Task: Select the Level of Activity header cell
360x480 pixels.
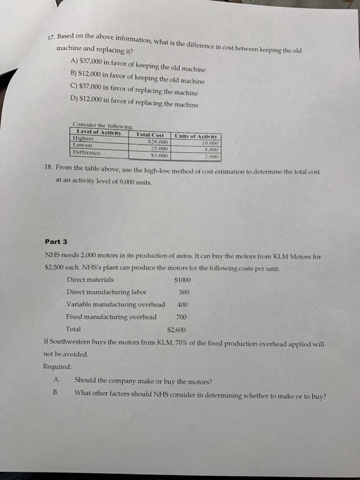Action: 99,131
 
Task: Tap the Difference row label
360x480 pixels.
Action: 87,152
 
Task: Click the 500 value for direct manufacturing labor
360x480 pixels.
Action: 183,292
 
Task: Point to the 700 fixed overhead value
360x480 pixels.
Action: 182,317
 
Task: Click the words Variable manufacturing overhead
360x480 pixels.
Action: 115,304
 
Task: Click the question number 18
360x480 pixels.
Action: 60,169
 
